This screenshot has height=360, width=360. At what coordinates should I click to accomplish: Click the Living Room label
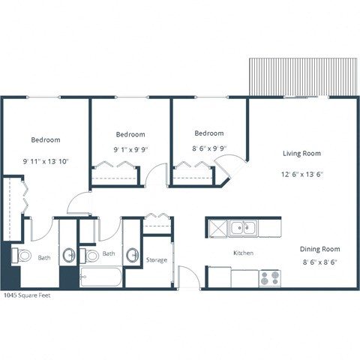coord(301,154)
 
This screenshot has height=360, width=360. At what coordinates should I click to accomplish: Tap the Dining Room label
coord(320,249)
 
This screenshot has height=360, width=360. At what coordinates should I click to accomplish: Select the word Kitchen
coord(243,253)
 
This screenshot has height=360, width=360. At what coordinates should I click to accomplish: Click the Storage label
coord(157,260)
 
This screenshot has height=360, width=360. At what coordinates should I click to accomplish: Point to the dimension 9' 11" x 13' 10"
coord(46,161)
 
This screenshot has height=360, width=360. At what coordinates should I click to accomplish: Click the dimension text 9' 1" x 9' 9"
coord(130,149)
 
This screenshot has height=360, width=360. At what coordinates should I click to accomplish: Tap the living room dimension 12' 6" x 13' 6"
coord(301,175)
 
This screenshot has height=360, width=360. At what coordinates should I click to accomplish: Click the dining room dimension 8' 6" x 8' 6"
coord(320,262)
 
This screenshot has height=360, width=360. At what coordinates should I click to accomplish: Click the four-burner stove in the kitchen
coord(269,278)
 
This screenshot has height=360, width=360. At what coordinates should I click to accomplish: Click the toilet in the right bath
coord(89,256)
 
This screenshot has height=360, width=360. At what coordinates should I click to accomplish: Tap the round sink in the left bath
coord(68,255)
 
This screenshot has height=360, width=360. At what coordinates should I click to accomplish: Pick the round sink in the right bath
coord(132,255)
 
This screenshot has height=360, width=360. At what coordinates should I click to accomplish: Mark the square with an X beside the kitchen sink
coord(216,226)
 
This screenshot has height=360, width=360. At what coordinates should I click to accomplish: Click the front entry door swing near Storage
coord(188,277)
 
